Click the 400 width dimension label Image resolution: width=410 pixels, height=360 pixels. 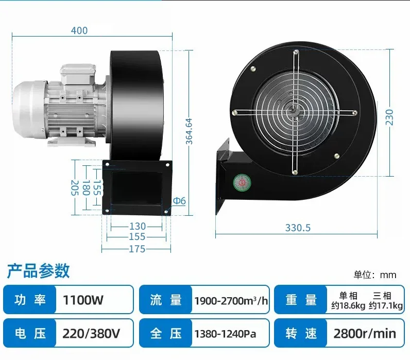79,30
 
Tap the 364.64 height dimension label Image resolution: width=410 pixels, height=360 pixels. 189,131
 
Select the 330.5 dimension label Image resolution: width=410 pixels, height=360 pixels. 298,228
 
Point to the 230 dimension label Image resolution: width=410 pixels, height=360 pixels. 389,117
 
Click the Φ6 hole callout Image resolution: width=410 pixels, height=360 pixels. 179,201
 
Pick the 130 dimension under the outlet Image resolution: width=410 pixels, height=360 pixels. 138,226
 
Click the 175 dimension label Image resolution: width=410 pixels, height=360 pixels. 138,249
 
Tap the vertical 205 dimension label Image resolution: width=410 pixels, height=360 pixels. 75,187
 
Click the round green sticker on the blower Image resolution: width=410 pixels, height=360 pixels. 242,182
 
